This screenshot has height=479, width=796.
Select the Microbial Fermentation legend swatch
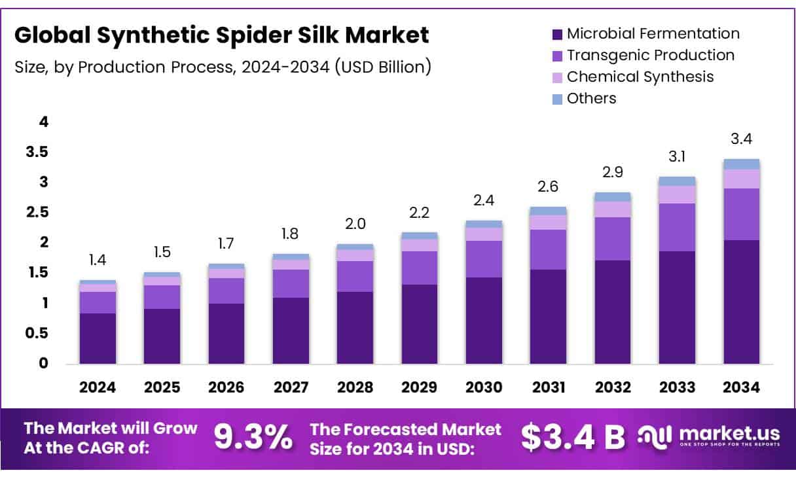557,34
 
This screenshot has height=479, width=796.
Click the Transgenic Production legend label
650,55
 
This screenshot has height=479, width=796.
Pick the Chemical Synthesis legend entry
640,77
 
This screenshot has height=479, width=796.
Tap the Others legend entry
591,98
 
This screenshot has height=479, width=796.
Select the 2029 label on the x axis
419,387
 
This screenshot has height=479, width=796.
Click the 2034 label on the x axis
742,387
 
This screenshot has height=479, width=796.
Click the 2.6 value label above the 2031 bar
548,187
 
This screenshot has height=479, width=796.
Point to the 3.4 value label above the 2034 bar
742,139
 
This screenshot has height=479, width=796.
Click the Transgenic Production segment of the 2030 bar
484,258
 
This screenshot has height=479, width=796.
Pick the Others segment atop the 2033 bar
677,181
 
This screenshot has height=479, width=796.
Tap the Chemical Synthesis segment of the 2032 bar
613,209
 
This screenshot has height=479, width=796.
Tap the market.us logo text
729,434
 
